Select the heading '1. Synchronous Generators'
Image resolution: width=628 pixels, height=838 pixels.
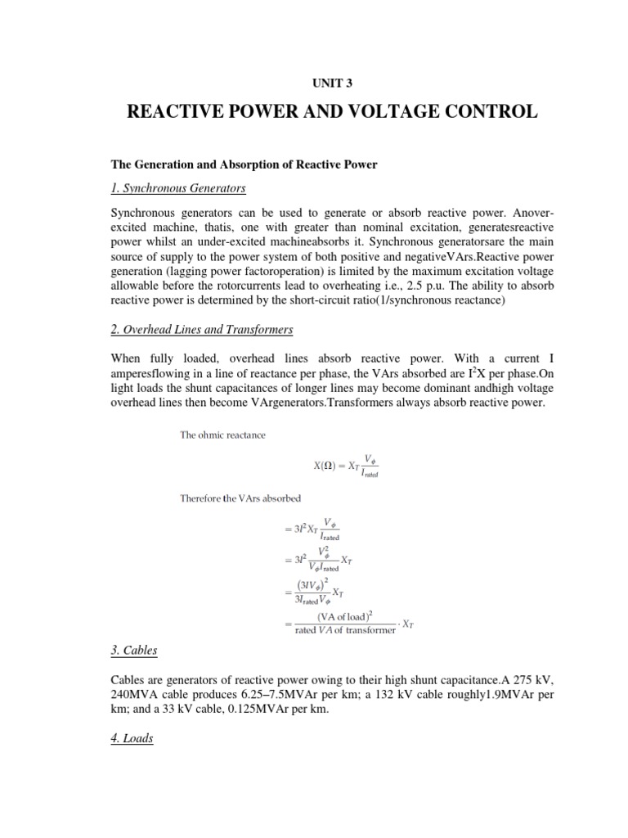178,188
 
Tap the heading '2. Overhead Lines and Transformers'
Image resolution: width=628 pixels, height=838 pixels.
202,330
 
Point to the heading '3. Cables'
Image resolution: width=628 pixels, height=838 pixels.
134,651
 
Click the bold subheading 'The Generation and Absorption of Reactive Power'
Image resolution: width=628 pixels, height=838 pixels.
244,164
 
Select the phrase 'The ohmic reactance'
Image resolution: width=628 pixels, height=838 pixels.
222,435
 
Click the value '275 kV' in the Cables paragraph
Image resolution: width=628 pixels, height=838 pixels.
496,681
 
